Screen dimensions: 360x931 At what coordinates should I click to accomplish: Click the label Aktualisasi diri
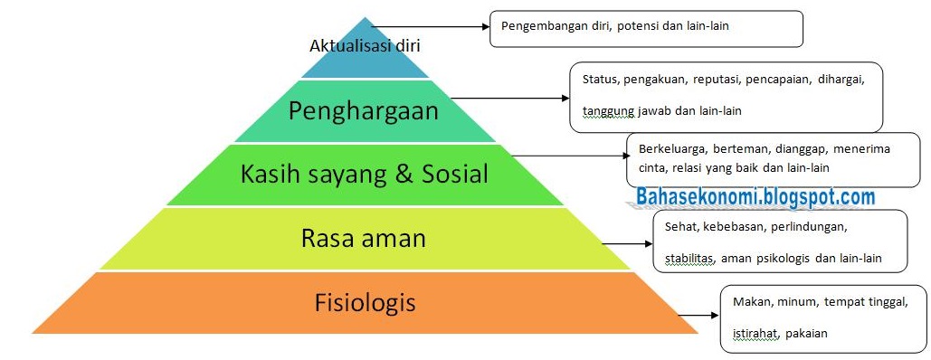point(365,44)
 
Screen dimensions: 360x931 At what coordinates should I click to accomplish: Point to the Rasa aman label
point(362,239)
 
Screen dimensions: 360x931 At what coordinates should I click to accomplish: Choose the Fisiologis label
point(365,300)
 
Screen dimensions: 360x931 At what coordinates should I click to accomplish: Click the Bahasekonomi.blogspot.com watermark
point(755,196)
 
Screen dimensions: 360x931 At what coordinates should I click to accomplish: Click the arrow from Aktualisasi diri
point(430,27)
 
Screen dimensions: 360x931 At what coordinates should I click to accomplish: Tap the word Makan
point(749,298)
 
